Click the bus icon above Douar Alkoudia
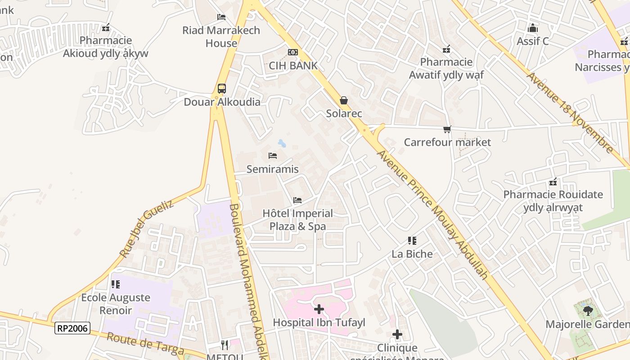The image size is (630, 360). [222, 88]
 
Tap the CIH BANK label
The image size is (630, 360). [293, 65]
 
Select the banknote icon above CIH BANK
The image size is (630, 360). [293, 52]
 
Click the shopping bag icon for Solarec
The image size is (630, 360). [344, 100]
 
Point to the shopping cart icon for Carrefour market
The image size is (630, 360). [447, 130]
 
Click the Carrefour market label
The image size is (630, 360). [447, 142]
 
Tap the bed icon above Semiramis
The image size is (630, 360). [273, 156]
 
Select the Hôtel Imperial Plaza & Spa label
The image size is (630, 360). [297, 220]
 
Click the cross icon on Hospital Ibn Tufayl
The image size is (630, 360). [319, 309]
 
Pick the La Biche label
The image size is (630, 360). [412, 254]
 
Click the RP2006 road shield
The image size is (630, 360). [72, 328]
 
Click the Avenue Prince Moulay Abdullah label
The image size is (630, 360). [432, 214]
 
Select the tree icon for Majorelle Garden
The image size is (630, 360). [587, 310]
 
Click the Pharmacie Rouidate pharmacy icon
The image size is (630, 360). [553, 182]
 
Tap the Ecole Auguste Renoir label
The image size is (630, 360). [116, 304]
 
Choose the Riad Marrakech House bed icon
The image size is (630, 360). [221, 17]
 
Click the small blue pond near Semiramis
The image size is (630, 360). [282, 144]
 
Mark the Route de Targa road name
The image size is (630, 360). [145, 343]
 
